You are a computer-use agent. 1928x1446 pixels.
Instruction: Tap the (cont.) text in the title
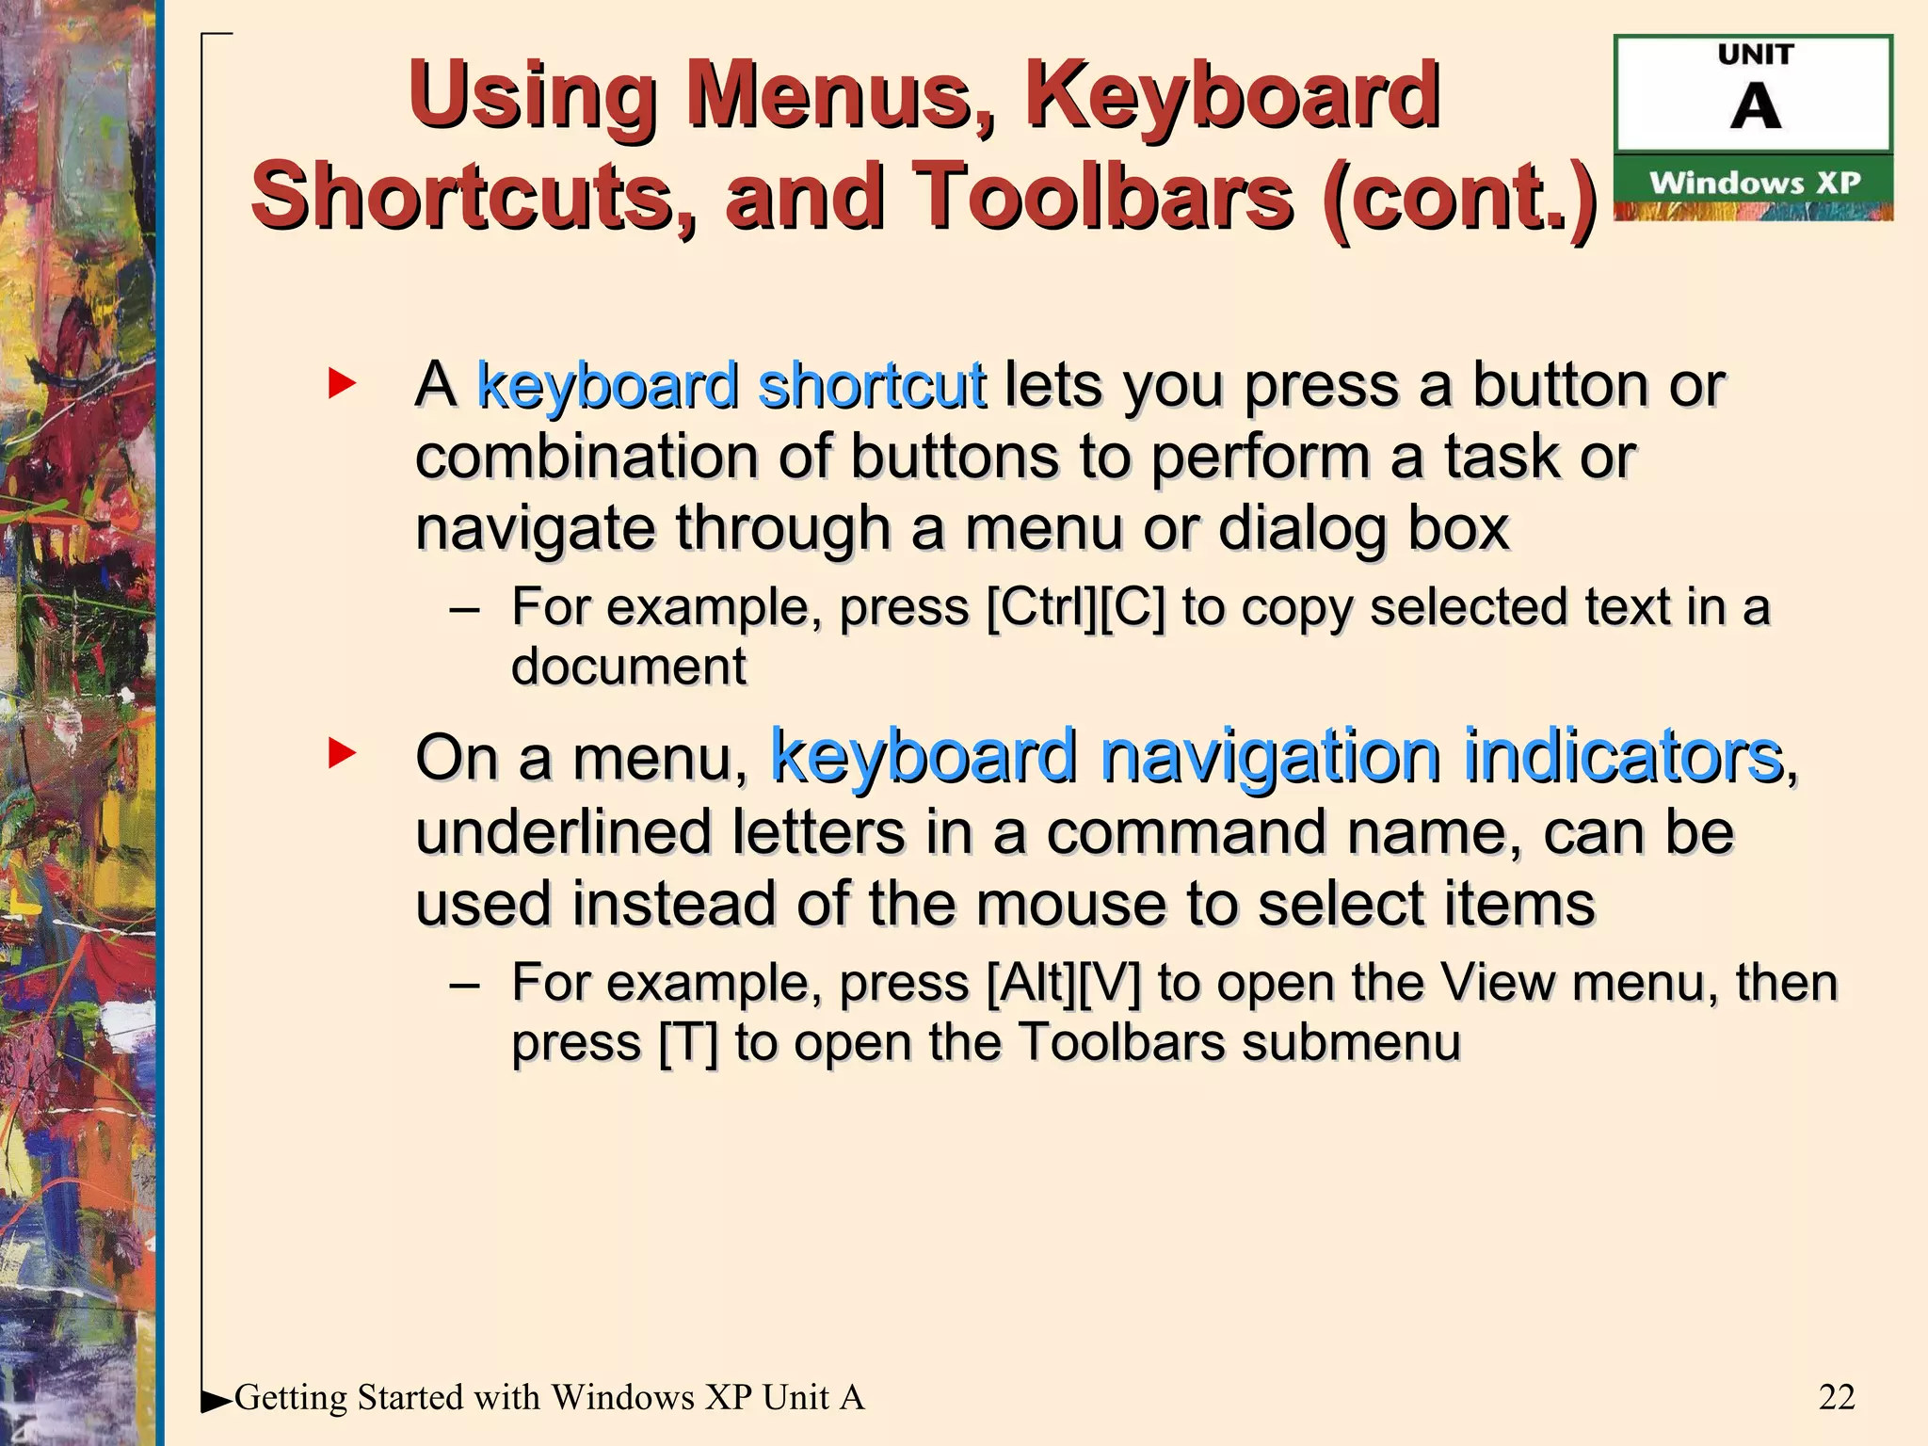1459,197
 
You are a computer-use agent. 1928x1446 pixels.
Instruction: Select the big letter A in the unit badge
1756,107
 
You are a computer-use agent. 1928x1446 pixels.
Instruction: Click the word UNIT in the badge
1756,55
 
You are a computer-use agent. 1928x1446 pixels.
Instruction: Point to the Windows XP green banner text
1755,183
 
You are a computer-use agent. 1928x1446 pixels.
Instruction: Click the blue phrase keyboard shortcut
731,385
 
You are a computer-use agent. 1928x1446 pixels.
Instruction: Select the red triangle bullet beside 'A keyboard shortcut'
342,383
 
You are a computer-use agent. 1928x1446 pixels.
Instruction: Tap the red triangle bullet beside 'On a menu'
342,753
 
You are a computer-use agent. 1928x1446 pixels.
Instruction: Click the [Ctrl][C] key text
1075,607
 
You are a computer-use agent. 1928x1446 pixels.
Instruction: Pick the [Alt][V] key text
1063,983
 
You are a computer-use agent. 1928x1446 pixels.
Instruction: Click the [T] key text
687,1043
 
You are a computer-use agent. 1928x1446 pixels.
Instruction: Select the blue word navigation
1270,756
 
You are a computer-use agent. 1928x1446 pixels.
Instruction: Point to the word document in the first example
629,667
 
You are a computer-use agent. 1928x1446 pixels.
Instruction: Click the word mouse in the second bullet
1071,904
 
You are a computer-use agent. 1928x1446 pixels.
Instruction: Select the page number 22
1837,1397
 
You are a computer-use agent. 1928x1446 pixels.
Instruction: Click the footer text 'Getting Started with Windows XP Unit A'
549,1397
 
